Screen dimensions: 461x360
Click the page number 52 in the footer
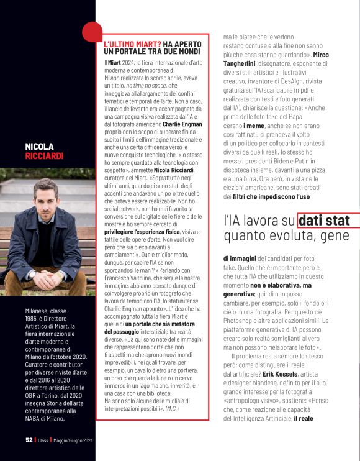(x=29, y=439)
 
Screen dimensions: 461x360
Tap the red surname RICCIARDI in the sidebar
(x=44, y=156)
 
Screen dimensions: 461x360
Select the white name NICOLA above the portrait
(x=39, y=147)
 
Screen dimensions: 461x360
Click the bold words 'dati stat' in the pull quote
(x=324, y=220)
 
